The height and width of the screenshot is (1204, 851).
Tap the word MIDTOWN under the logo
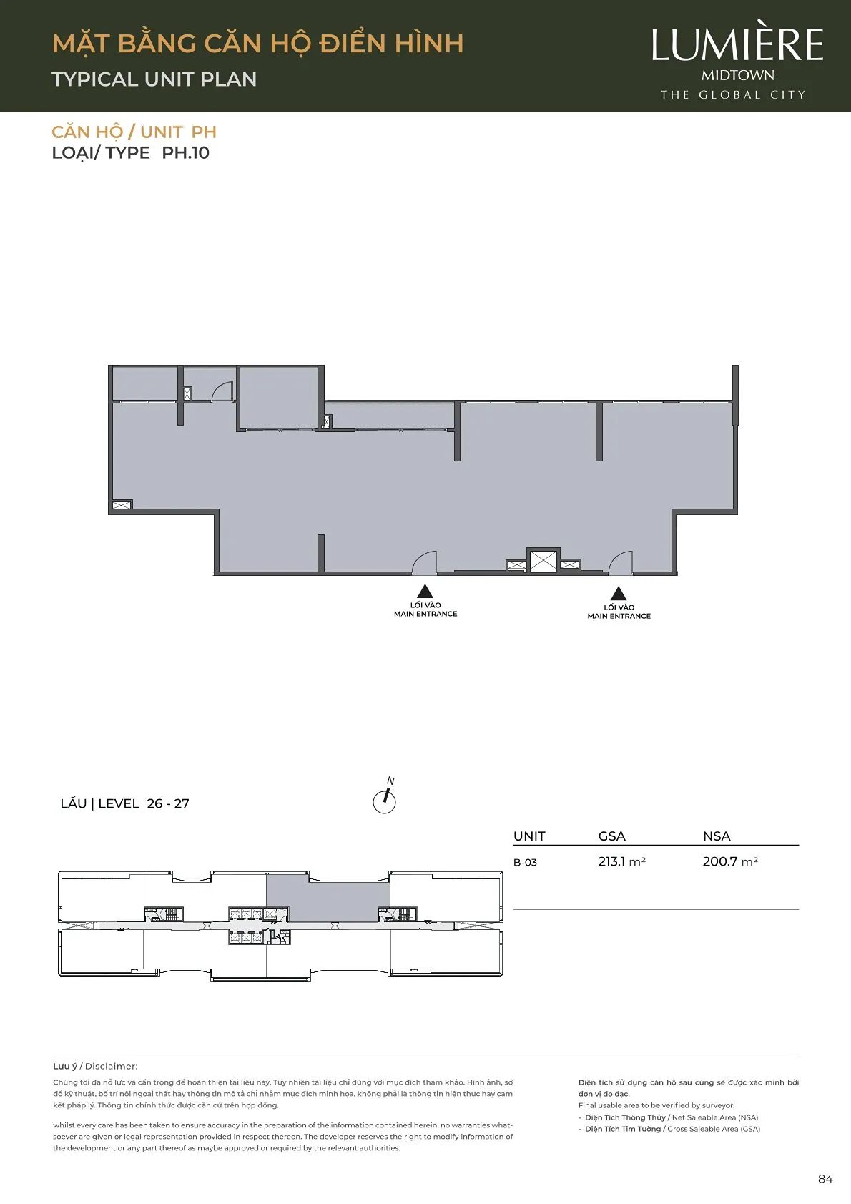coord(737,75)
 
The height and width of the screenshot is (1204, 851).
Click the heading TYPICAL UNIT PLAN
coord(154,79)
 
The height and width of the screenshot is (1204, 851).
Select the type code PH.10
coord(185,152)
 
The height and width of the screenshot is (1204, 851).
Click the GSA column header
coord(612,836)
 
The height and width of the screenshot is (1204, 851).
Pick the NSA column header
coord(717,836)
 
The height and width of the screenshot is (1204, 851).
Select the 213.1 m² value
coord(621,861)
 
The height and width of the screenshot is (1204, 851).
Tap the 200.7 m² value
coord(730,861)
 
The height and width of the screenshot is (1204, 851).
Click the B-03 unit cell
coord(525,863)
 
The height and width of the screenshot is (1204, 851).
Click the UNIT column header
coord(529,836)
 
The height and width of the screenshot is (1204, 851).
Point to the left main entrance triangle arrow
coord(425,591)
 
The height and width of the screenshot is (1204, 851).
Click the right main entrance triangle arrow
coord(619,593)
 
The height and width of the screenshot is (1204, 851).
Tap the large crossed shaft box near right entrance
coord(543,561)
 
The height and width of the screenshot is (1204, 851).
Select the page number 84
coord(825,1179)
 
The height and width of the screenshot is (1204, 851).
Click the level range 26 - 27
coord(168,803)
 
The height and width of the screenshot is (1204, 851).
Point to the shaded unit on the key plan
coord(328,898)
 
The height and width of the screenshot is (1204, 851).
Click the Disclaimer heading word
coord(112,1067)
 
